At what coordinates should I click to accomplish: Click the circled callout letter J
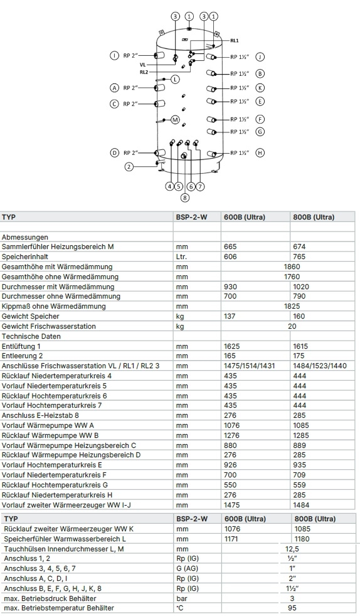pos(260,56)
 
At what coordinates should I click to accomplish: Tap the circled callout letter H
pos(260,152)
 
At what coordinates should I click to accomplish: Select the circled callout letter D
pos(114,152)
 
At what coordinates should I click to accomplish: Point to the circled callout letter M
pos(175,119)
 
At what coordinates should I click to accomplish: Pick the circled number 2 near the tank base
pos(129,166)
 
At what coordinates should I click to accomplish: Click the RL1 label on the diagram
pos(235,40)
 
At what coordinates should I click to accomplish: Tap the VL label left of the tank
pos(143,64)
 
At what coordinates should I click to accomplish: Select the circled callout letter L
pos(175,79)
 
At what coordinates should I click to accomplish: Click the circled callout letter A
pos(114,88)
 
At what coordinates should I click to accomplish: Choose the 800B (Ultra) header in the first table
pos(313,217)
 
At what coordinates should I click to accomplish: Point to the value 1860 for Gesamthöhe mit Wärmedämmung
pos(292,267)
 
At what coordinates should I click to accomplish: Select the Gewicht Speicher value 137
pos(230,316)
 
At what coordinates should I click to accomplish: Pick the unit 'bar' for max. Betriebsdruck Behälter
pos(182,598)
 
